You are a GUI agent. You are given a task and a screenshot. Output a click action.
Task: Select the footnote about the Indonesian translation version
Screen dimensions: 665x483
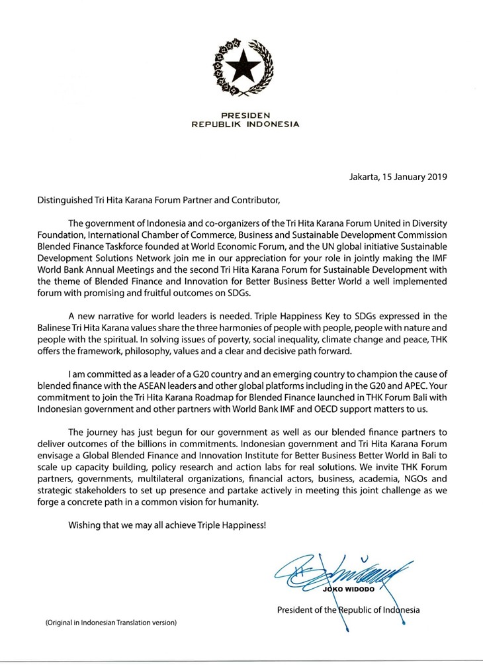click(110, 623)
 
